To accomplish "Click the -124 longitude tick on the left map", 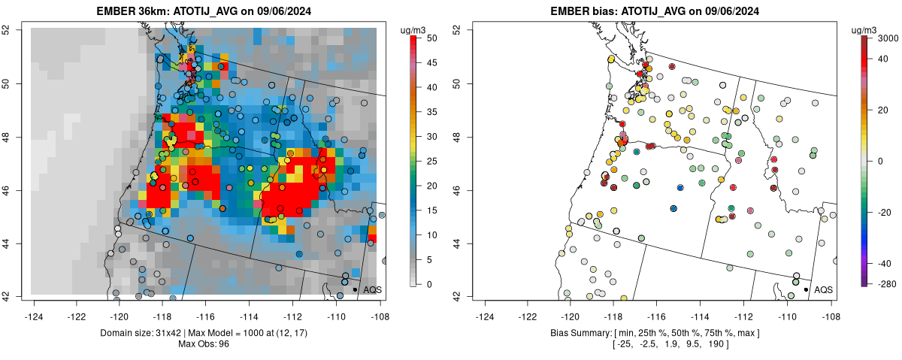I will pyautogui.click(x=34, y=307).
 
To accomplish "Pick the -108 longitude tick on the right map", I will pyautogui.click(x=830, y=307).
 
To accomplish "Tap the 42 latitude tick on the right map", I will pyautogui.click(x=456, y=295).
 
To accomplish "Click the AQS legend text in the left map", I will pyautogui.click(x=372, y=289).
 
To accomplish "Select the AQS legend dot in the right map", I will pyautogui.click(x=806, y=289).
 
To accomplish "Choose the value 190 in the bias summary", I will pyautogui.click(x=714, y=343).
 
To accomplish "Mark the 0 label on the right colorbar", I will pyautogui.click(x=883, y=161).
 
